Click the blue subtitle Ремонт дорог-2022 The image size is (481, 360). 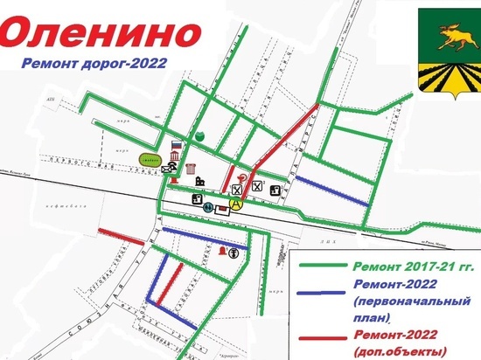point(106,64)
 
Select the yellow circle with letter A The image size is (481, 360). point(235,203)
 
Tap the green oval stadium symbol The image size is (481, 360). point(150,159)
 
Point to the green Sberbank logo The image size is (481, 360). point(200,136)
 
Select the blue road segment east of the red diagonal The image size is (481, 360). point(330,190)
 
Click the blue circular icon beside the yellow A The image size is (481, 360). point(208,207)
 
